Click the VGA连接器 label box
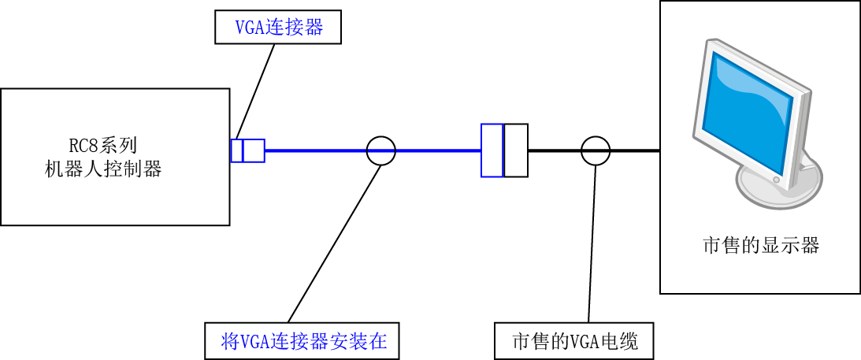(x=278, y=28)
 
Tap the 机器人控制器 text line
(x=102, y=169)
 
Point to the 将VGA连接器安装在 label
(x=301, y=341)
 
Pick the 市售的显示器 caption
(x=760, y=245)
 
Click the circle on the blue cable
(x=380, y=150)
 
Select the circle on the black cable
(x=596, y=150)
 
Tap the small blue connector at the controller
(x=247, y=150)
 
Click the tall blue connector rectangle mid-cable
(x=492, y=150)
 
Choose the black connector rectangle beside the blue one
(x=516, y=150)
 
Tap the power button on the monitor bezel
(x=776, y=180)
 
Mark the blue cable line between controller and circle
(x=316, y=150)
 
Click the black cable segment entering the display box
(x=635, y=150)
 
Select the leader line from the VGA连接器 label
(x=255, y=91)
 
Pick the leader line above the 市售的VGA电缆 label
(x=592, y=243)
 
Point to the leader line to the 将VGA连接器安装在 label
(x=334, y=243)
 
